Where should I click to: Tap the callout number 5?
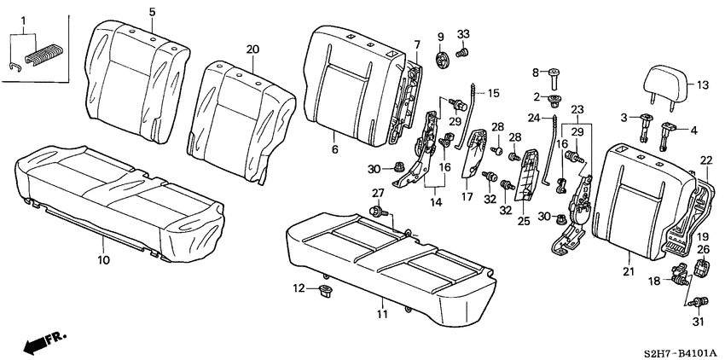tap(152, 12)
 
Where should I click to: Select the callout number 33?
tap(464, 34)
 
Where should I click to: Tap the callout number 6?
tap(334, 150)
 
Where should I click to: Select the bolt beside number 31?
tap(700, 301)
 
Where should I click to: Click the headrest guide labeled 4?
tap(668, 130)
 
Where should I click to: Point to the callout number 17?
tap(467, 196)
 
